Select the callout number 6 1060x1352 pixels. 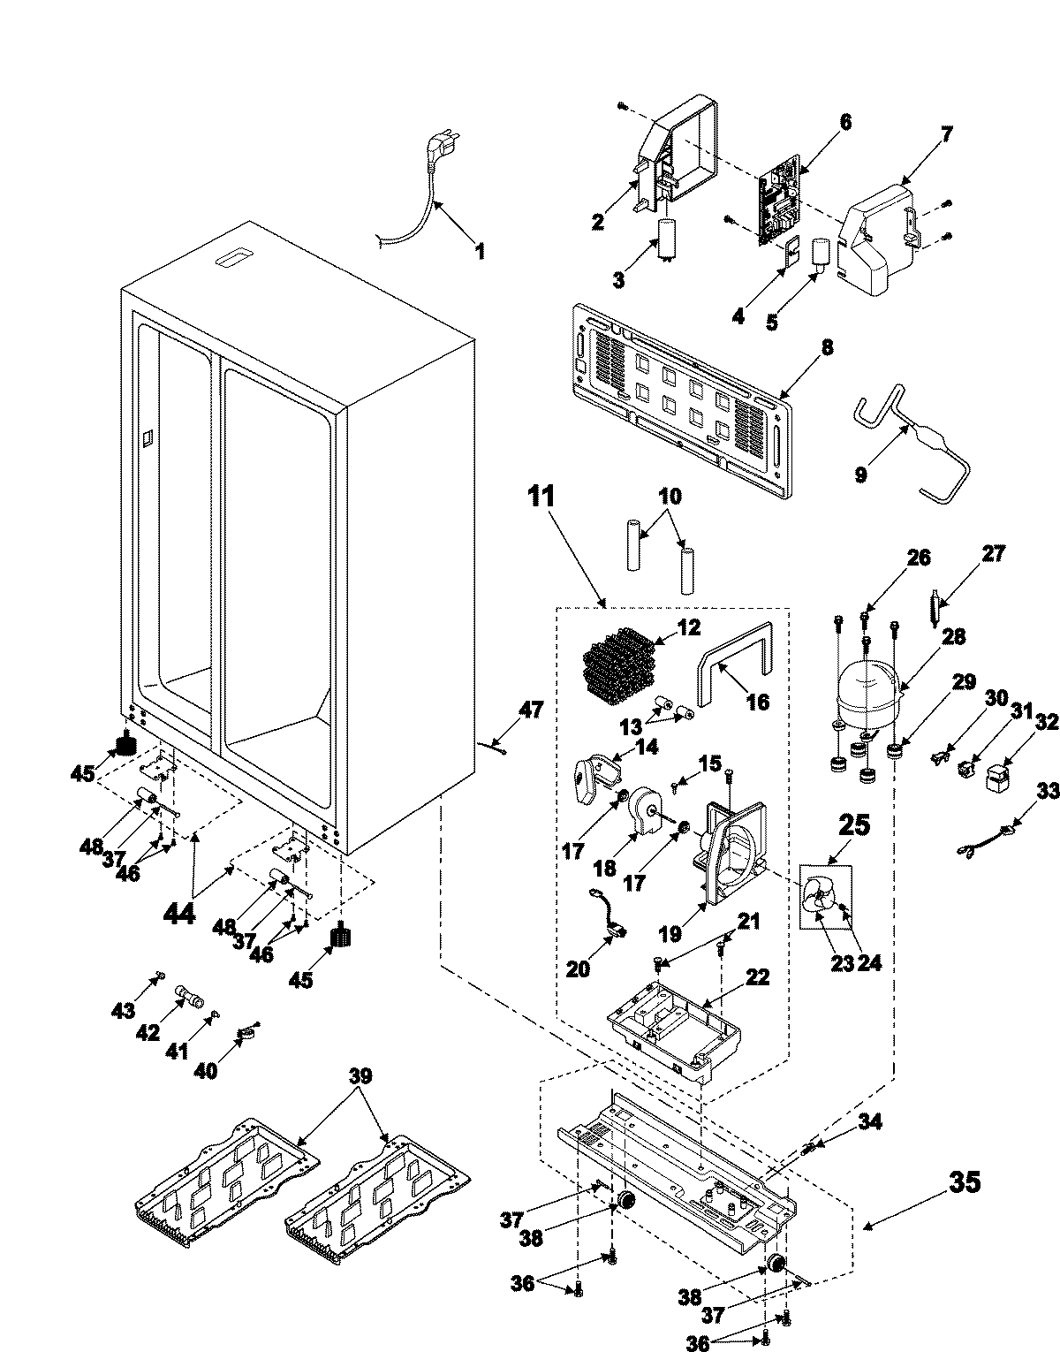point(844,123)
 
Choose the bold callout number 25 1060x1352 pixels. point(854,826)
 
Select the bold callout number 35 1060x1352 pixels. point(964,1182)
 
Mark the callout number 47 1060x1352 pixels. point(532,710)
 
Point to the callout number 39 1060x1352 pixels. point(360,1077)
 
